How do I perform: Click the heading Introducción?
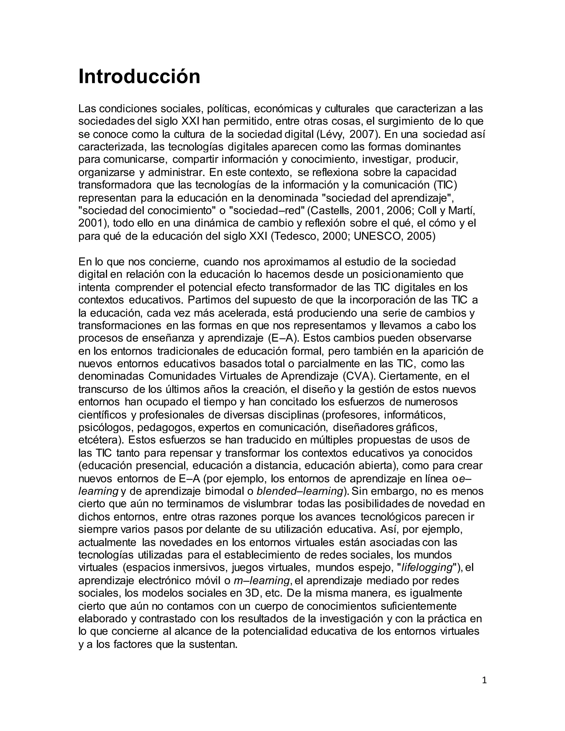[139, 77]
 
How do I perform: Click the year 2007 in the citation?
[363, 134]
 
